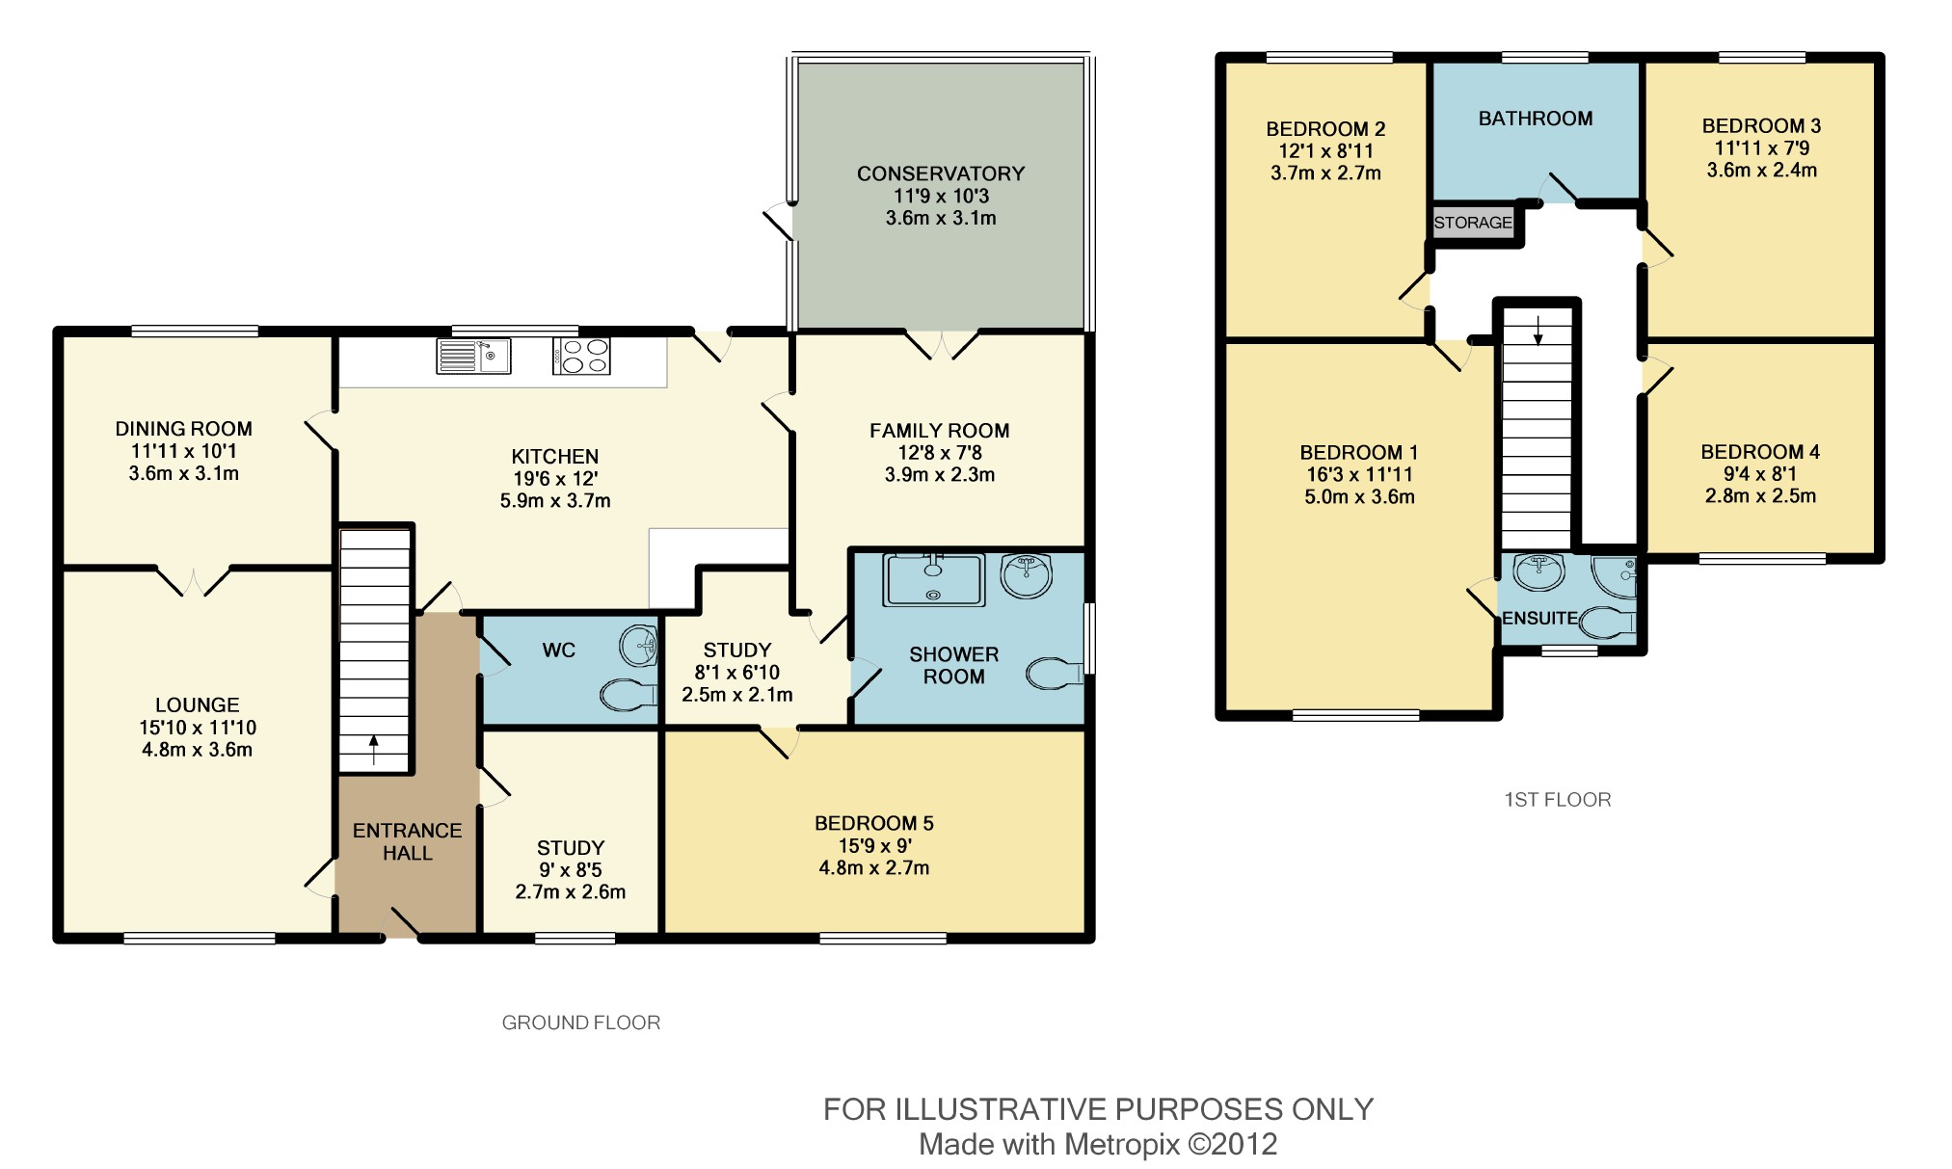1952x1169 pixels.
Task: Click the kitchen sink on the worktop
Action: click(x=473, y=356)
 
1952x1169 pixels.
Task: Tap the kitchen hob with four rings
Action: click(x=581, y=356)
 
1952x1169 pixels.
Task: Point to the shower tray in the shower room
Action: click(x=934, y=579)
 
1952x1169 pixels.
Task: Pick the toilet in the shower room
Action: click(x=1055, y=674)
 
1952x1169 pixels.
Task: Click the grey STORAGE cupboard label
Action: click(x=1473, y=223)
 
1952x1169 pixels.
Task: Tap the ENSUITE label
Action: click(x=1539, y=619)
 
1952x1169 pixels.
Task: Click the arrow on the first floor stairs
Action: click(x=1538, y=330)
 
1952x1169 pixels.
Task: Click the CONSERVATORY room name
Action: click(x=941, y=173)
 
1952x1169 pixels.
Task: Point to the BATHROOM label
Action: click(x=1536, y=119)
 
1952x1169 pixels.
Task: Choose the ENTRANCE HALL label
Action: click(x=407, y=841)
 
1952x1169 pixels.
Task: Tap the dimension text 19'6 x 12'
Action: click(x=555, y=479)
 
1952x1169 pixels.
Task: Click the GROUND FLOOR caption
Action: click(x=581, y=1023)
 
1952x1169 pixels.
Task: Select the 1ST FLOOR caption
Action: click(x=1558, y=799)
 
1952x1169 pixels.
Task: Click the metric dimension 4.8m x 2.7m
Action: click(x=874, y=867)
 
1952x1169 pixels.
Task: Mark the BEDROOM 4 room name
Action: click(x=1760, y=452)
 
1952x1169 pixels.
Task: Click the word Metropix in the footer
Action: click(x=1122, y=1145)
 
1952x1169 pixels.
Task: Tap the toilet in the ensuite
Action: click(x=1609, y=623)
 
